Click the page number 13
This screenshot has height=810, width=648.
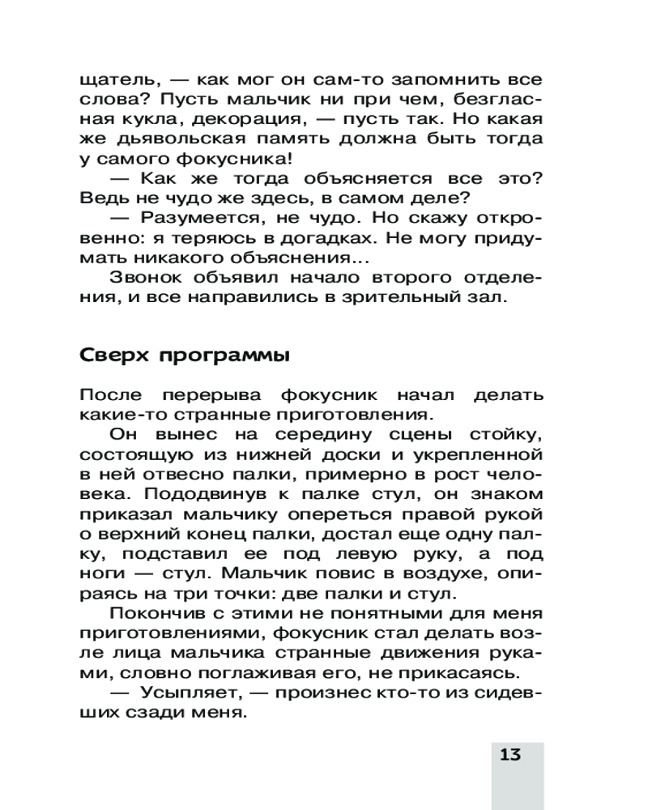[x=510, y=756]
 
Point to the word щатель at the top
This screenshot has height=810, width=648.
[x=116, y=82]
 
